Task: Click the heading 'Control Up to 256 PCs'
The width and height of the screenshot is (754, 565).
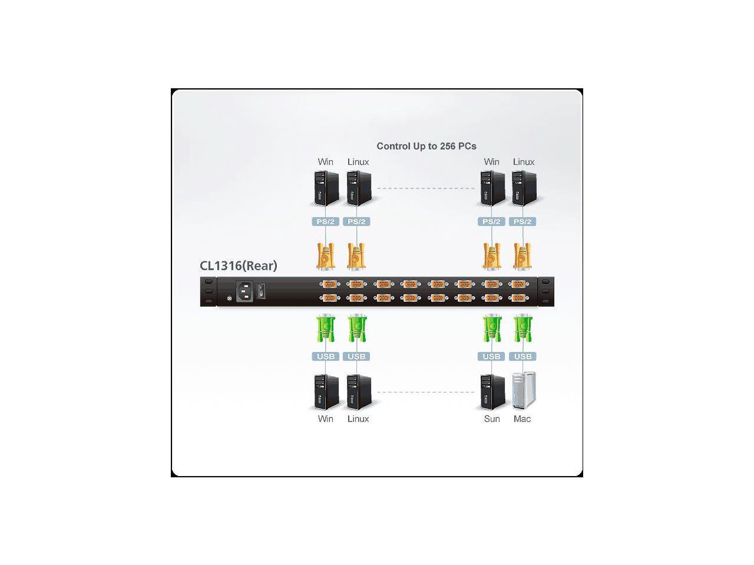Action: tap(426, 146)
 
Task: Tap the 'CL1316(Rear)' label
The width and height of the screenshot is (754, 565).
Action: tap(238, 265)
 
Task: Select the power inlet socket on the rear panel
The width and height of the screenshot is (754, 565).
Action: tap(246, 291)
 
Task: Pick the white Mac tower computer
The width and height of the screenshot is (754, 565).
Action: tap(524, 390)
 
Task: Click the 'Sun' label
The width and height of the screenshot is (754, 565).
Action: tap(491, 419)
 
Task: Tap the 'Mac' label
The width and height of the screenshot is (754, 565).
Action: tap(522, 419)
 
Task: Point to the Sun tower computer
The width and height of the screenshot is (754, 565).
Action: tap(492, 392)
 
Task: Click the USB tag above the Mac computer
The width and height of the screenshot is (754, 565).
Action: tap(522, 356)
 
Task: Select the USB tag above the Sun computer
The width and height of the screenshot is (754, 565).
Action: tap(492, 356)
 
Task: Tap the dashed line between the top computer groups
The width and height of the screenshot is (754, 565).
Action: tap(425, 188)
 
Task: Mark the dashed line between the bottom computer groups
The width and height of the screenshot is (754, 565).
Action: tap(425, 392)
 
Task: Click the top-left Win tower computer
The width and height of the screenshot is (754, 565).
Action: tap(326, 188)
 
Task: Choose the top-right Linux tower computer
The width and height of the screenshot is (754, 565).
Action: tap(524, 188)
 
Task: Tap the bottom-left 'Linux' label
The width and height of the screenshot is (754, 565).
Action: tap(358, 419)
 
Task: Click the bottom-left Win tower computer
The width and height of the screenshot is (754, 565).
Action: tap(326, 392)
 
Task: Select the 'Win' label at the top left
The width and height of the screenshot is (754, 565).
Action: tap(325, 162)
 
